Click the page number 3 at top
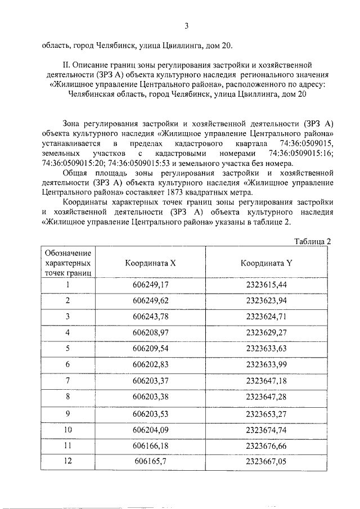186,26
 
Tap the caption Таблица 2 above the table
313,241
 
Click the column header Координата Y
266,263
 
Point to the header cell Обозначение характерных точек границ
67,263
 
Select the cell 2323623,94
266,300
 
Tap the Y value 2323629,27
266,332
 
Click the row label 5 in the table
67,349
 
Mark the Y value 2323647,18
266,381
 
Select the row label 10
67,430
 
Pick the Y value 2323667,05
266,461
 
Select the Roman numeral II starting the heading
67,65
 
